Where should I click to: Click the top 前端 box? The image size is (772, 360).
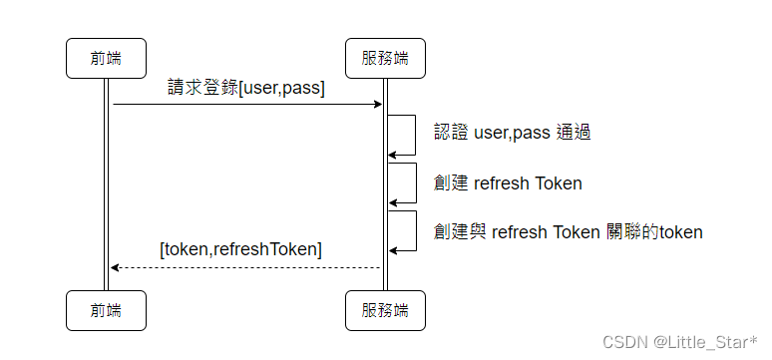tap(106, 58)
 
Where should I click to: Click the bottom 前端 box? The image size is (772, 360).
tap(106, 310)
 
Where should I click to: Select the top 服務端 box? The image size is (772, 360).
tap(385, 58)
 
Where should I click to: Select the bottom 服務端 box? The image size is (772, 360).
tap(385, 310)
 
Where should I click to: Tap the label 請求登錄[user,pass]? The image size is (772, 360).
tap(246, 88)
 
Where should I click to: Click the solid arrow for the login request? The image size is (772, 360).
tap(246, 104)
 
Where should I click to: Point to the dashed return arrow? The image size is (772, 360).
tap(246, 267)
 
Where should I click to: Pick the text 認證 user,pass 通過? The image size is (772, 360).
tap(512, 132)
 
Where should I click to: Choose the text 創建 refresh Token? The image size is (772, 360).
tap(508, 182)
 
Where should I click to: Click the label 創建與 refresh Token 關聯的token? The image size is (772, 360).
tap(569, 232)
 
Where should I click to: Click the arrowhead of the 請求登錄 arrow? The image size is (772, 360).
tap(378, 104)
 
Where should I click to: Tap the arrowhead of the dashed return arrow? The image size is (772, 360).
tap(116, 267)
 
